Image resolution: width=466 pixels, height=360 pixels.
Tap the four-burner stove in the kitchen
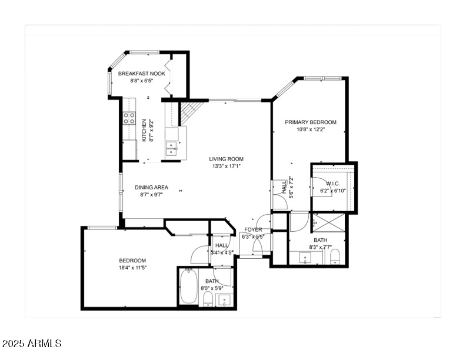(129, 118)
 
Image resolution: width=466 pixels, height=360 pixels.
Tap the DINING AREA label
(151, 187)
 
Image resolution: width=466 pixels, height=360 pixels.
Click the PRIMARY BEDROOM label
(311, 122)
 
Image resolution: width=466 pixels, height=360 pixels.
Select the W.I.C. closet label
(333, 184)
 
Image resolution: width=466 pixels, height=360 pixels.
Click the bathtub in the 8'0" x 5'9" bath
(188, 286)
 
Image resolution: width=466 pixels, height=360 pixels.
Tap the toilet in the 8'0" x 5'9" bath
(207, 301)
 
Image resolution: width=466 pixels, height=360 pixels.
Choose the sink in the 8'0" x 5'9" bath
(224, 302)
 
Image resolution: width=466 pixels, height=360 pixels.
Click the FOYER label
(254, 229)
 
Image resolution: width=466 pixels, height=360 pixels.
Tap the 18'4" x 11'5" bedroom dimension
(133, 268)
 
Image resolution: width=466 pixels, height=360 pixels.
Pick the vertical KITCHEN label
(143, 131)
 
